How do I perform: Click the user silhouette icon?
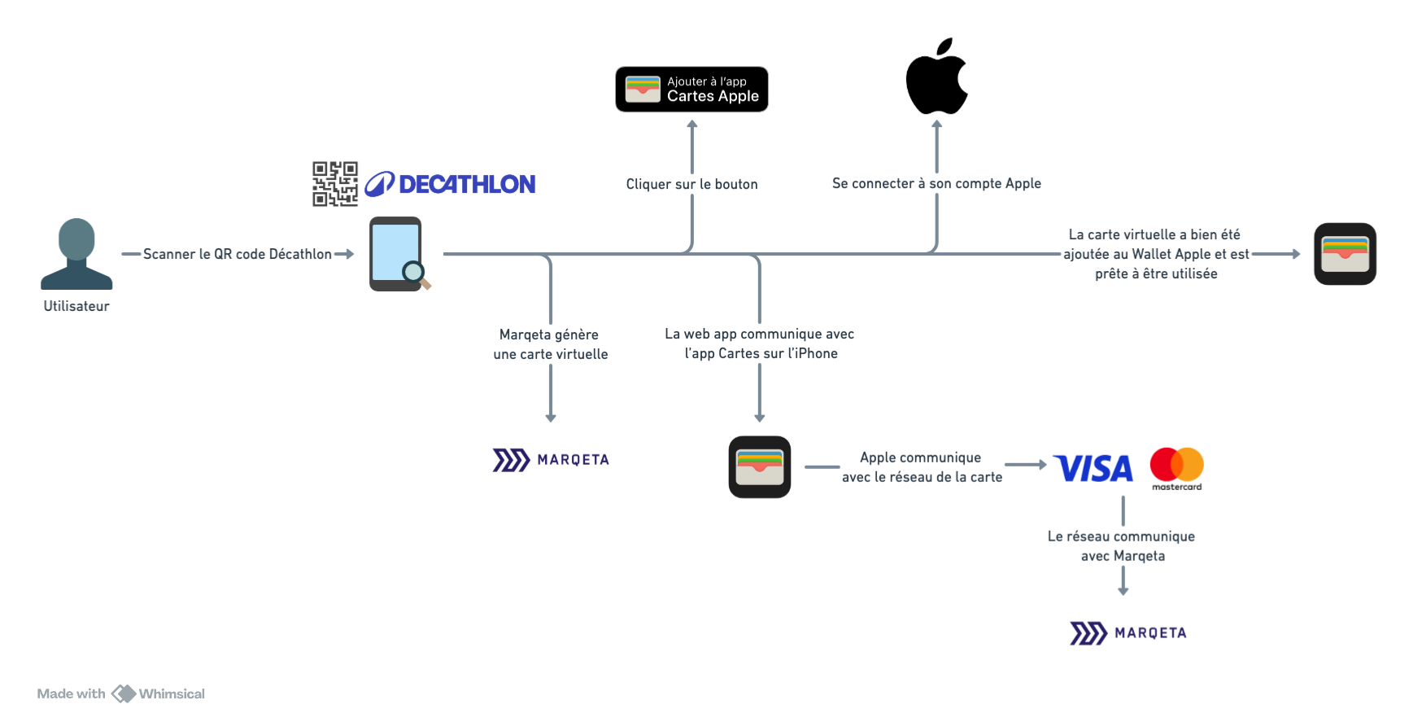pyautogui.click(x=76, y=253)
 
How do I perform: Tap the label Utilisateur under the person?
pyautogui.click(x=76, y=306)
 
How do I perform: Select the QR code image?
pyautogui.click(x=335, y=184)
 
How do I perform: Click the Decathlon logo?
pyautogui.click(x=451, y=185)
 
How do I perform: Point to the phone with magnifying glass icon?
pyautogui.click(x=399, y=254)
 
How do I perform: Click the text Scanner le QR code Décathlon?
pyautogui.click(x=237, y=254)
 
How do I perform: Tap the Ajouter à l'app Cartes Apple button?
pyautogui.click(x=691, y=90)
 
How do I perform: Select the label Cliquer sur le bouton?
pyautogui.click(x=691, y=185)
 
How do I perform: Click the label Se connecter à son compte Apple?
pyautogui.click(x=936, y=184)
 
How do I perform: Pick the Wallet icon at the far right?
pyautogui.click(x=1345, y=254)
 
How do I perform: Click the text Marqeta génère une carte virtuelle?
pyautogui.click(x=551, y=344)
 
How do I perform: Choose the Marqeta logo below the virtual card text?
pyautogui.click(x=551, y=460)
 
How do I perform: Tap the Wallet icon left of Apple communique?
pyautogui.click(x=759, y=466)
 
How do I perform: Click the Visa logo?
pyautogui.click(x=1093, y=467)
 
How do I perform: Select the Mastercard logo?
pyautogui.click(x=1176, y=465)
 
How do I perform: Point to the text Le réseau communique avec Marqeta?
pyautogui.click(x=1122, y=546)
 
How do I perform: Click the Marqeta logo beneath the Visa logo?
pyautogui.click(x=1128, y=632)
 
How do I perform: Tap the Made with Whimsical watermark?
pyautogui.click(x=121, y=694)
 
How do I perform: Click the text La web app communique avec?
pyautogui.click(x=759, y=334)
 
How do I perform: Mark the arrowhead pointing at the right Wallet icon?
pyautogui.click(x=1296, y=254)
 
